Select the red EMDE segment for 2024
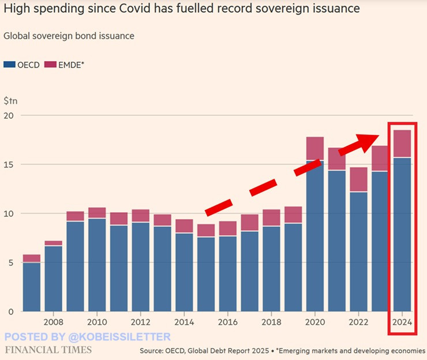pyautogui.click(x=402, y=144)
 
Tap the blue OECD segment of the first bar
pyautogui.click(x=32, y=287)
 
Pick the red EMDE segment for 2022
pyautogui.click(x=358, y=179)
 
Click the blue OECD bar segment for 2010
pyautogui.click(x=98, y=265)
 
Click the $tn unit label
pyautogui.click(x=11, y=100)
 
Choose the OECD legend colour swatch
pyautogui.click(x=8, y=65)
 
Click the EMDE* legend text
pyautogui.click(x=71, y=65)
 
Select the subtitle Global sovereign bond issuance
pyautogui.click(x=69, y=36)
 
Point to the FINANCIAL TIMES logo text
pyautogui.click(x=48, y=350)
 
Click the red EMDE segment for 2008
pyautogui.click(x=54, y=243)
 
